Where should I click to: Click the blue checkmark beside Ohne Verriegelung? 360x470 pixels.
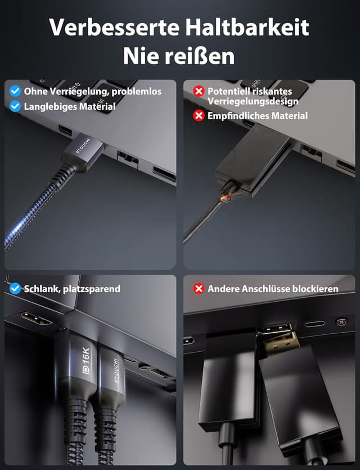pos(15,91)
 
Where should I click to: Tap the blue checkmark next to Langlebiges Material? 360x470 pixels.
pos(15,106)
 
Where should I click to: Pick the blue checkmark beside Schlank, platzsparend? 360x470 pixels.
pos(15,289)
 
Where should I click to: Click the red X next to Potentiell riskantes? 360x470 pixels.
pos(199,91)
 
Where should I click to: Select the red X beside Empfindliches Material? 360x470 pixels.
pos(199,115)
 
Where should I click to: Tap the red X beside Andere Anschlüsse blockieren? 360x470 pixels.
pos(199,289)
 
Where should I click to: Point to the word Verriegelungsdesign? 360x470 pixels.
pos(253,101)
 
